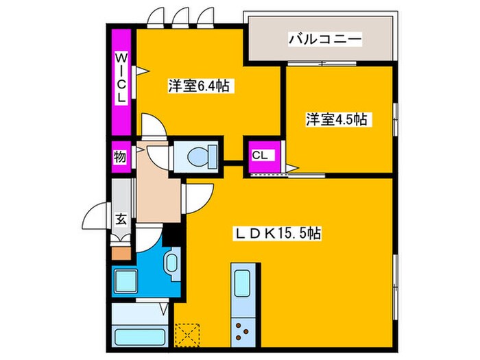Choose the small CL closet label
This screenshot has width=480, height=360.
[259, 155]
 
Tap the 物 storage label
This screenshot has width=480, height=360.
[119, 156]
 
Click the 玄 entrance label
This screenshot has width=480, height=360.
[121, 220]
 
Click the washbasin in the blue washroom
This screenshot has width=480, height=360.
[171, 262]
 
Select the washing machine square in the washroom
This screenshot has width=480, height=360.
[127, 282]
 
